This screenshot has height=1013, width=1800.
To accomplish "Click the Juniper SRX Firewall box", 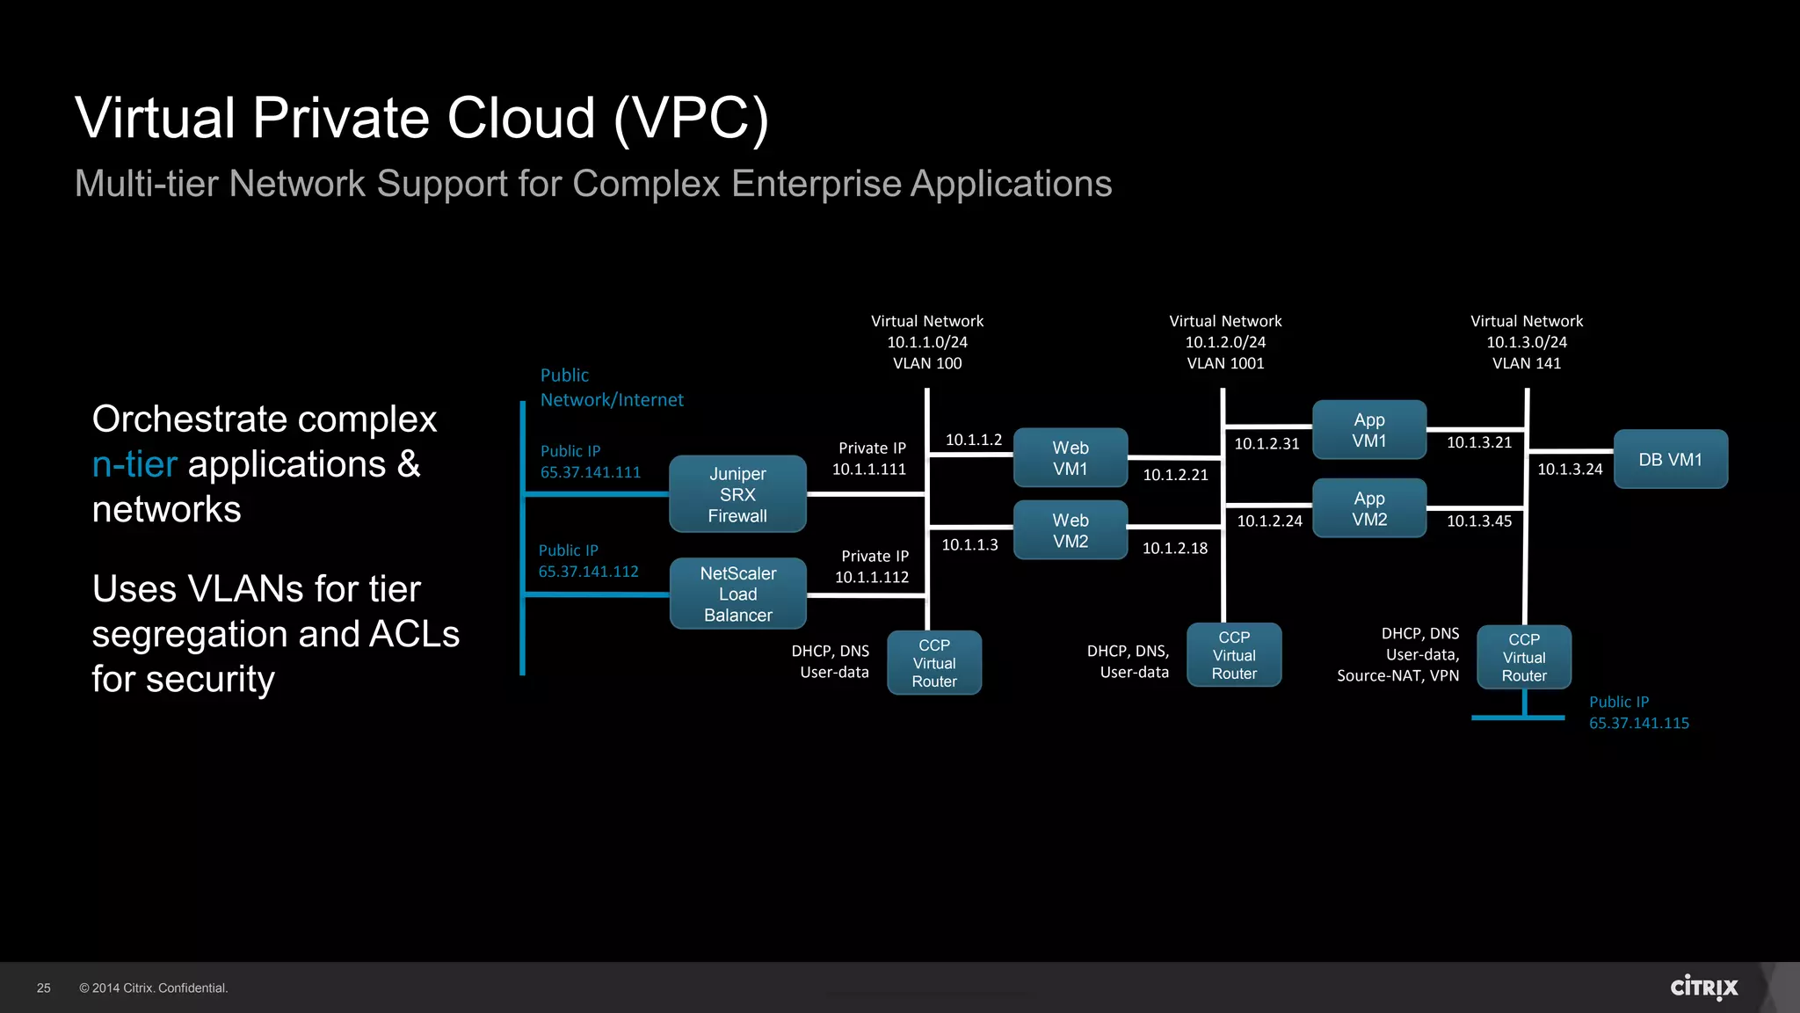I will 737,494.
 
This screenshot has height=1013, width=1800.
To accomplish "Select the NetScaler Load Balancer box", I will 737,594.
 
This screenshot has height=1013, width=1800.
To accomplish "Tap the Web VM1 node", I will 1070,458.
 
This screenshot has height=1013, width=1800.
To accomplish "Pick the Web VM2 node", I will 1070,530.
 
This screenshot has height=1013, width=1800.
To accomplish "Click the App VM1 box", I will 1368,430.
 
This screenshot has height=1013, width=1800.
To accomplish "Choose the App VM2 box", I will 1368,508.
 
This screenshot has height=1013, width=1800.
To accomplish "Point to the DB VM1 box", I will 1670,459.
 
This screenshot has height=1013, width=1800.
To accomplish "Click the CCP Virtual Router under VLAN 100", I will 933,663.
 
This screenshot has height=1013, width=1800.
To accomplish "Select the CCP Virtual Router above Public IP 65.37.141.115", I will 1523,657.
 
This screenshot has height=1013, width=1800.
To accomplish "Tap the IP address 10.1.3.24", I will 1570,470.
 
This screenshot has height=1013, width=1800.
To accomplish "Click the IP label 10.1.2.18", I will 1174,549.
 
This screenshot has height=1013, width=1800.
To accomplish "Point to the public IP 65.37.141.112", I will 588,572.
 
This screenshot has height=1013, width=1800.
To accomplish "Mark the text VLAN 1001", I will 1225,363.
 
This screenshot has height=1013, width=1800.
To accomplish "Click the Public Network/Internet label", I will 611,388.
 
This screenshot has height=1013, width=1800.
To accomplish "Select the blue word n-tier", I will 134,464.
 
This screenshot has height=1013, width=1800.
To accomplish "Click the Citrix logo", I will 1703,987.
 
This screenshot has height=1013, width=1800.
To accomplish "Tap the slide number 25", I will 44,988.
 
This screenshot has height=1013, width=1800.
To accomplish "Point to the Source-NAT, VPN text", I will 1397,675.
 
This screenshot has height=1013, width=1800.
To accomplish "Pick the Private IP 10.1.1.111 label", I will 870,459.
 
